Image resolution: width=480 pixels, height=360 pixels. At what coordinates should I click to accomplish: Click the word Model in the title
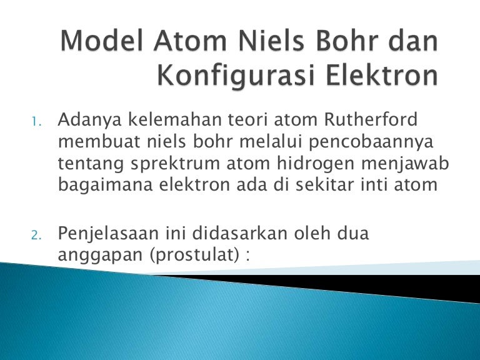(x=102, y=41)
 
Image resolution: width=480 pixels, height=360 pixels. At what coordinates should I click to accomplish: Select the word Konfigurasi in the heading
(x=236, y=75)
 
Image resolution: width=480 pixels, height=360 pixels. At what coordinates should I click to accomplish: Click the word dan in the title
(x=413, y=41)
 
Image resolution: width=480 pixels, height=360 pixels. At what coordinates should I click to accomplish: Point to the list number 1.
(x=36, y=122)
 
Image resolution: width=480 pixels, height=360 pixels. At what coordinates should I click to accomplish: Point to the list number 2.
(x=36, y=236)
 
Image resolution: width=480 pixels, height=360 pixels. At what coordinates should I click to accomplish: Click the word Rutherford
(x=371, y=119)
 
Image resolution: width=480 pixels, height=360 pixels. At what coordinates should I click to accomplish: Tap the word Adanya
(x=90, y=120)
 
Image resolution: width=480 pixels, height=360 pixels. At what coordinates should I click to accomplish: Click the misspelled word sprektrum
(x=175, y=164)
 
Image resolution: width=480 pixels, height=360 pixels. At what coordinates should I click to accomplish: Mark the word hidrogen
(x=316, y=164)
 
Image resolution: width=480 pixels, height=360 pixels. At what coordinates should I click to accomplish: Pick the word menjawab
(x=405, y=164)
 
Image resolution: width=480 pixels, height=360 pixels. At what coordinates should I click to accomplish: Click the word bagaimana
(x=105, y=186)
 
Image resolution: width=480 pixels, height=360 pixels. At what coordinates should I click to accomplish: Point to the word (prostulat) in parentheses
(x=194, y=255)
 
